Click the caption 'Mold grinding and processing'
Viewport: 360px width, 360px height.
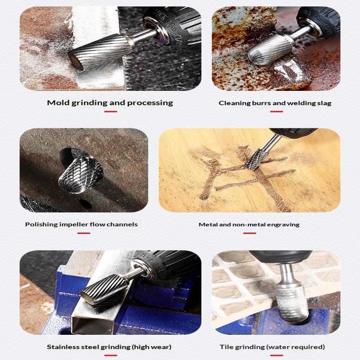(x=110, y=103)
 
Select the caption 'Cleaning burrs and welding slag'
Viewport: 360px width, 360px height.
(x=275, y=103)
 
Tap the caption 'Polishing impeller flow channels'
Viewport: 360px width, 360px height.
(x=81, y=224)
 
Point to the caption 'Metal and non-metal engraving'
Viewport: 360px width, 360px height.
(x=249, y=224)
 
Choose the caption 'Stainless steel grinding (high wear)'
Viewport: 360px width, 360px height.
(x=109, y=347)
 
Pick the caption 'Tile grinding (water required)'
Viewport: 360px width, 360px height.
(x=272, y=347)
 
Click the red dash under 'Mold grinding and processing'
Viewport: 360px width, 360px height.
(x=110, y=111)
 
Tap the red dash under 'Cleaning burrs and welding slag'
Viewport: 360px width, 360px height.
(x=276, y=111)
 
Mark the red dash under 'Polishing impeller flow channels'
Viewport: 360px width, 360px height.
(x=84, y=233)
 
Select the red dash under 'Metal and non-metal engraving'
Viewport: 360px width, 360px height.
(x=249, y=233)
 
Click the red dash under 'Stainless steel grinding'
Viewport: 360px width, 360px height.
(x=110, y=355)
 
